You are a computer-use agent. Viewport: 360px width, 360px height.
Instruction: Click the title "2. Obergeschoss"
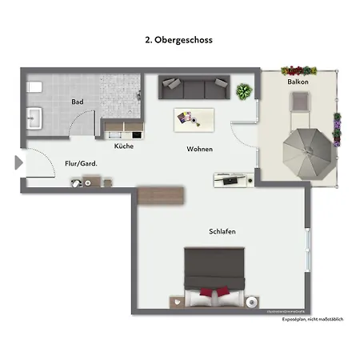[179, 38]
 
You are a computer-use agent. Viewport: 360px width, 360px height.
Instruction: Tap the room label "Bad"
[78, 102]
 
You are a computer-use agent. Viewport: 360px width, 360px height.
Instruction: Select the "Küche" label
[124, 146]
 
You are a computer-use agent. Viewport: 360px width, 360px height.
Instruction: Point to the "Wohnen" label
[200, 150]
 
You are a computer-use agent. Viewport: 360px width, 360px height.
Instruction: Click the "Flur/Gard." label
[81, 164]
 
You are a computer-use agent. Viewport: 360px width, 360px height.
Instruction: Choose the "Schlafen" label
[222, 232]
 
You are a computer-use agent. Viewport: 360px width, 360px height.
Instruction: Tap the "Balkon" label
[298, 82]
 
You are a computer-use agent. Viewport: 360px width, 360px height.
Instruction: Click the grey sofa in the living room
[194, 87]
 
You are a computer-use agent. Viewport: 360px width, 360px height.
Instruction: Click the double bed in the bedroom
[214, 277]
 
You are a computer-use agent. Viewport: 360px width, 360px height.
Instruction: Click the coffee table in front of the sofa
[194, 118]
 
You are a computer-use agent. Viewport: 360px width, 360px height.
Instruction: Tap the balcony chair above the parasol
[299, 102]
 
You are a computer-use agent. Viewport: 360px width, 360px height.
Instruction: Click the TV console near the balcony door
[234, 179]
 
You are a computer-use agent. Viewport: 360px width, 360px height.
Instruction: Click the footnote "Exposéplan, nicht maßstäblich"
[312, 319]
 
